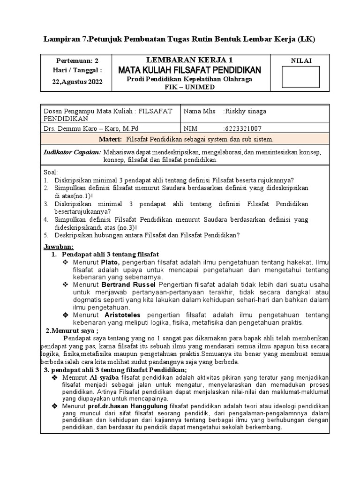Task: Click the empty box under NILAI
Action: click(300, 77)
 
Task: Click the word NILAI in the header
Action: click(301, 60)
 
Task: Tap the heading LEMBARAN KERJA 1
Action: click(189, 60)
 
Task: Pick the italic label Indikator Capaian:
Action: click(72, 152)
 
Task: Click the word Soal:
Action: click(50, 172)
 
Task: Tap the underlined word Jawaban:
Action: click(59, 247)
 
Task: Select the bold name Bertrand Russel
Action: click(129, 284)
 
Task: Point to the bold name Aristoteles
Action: click(120, 315)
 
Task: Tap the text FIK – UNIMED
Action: click(189, 87)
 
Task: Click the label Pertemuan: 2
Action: click(78, 60)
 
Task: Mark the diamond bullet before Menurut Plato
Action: click(66, 262)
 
